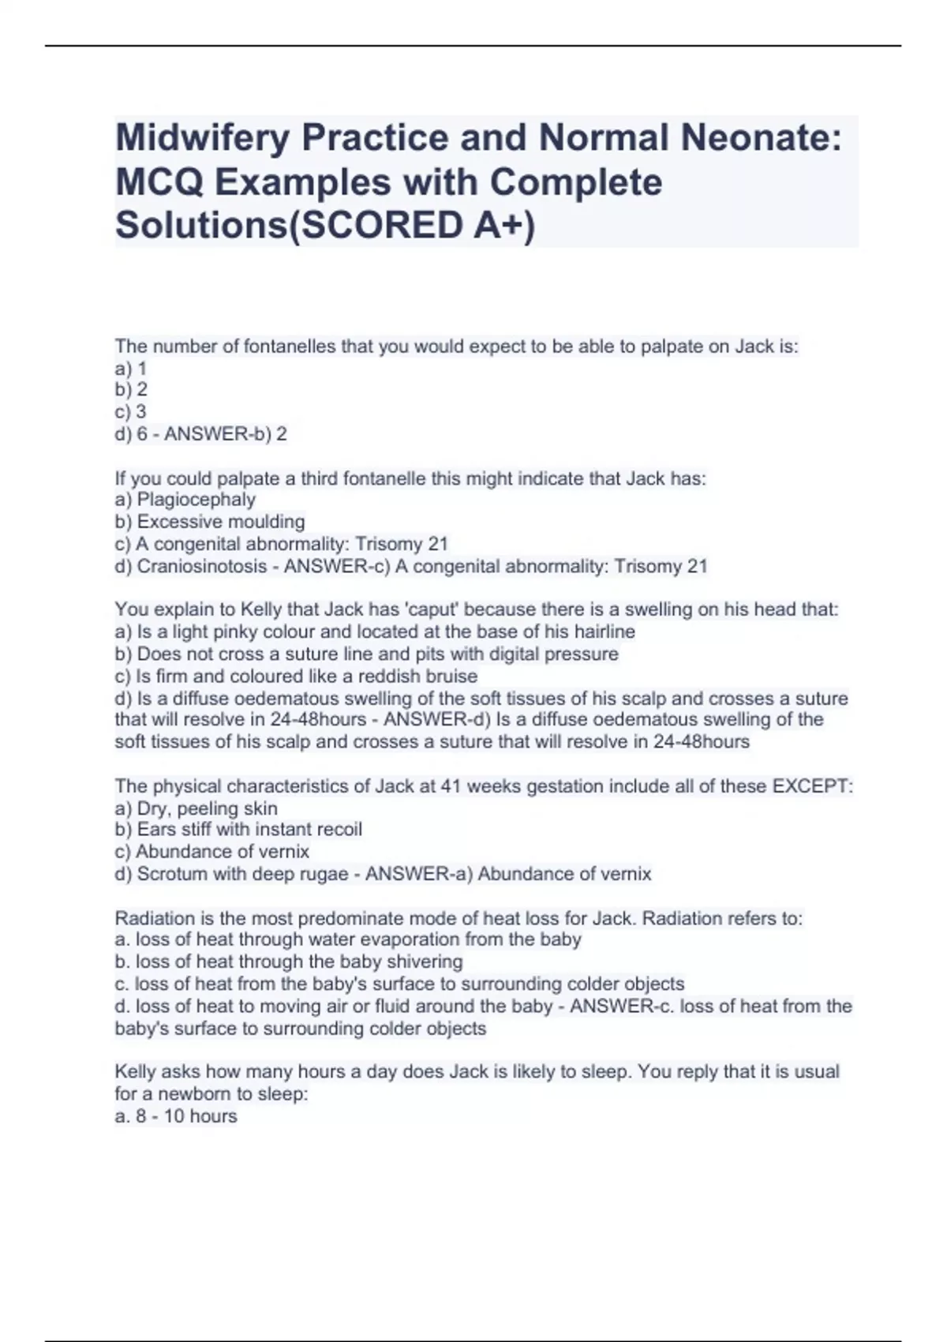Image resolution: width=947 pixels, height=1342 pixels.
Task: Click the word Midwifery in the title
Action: (x=203, y=138)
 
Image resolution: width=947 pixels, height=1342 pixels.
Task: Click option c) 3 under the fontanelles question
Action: (x=130, y=411)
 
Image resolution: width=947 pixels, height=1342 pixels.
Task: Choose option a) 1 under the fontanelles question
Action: (x=130, y=368)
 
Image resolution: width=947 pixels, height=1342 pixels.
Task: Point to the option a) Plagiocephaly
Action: (x=185, y=500)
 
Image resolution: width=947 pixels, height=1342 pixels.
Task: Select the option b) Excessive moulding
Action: (x=210, y=522)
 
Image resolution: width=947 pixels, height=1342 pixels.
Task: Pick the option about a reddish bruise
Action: (x=296, y=677)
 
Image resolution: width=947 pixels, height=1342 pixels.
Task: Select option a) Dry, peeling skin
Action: (x=196, y=808)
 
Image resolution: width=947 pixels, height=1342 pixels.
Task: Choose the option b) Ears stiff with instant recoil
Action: (x=238, y=830)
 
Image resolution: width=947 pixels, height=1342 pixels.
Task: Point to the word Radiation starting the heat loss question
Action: (x=153, y=918)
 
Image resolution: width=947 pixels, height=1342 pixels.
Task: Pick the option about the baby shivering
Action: (x=289, y=962)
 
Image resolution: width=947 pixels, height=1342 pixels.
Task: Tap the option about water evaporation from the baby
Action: (x=348, y=939)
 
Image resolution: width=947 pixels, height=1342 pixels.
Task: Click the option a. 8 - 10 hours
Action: (x=176, y=1116)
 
